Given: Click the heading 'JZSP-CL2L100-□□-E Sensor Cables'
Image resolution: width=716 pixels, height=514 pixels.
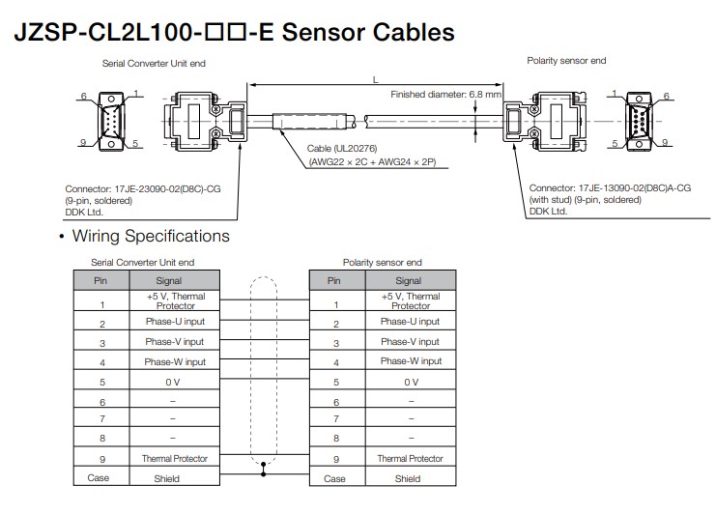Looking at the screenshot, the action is [x=234, y=32].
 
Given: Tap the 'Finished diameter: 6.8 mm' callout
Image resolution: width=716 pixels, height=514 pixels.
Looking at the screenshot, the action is [x=445, y=95].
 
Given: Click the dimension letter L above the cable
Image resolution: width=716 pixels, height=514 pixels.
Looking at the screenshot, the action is [x=375, y=80].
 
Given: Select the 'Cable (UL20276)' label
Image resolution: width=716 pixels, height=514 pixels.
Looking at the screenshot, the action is [x=342, y=149].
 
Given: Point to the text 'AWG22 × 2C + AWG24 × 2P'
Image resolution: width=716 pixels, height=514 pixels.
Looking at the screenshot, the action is [x=373, y=162].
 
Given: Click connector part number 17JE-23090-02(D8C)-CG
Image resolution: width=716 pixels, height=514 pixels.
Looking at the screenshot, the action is [x=167, y=189].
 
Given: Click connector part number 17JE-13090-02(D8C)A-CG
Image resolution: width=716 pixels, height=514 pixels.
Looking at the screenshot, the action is [x=634, y=188].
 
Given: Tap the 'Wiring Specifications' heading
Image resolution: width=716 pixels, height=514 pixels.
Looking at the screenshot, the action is [x=151, y=236].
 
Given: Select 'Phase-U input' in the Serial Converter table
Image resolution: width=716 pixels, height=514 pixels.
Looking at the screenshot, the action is [x=175, y=322].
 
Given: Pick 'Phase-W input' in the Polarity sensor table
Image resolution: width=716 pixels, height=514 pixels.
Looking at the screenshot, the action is [x=411, y=361].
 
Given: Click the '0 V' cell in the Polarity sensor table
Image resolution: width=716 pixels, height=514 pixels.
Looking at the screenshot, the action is [x=411, y=382].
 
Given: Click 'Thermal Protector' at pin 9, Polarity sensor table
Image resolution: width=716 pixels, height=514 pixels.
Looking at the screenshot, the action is [x=410, y=458].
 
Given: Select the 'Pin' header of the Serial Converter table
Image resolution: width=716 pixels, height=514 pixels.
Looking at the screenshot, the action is [x=101, y=281].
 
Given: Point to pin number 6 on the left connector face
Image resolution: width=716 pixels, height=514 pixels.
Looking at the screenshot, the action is [x=83, y=96].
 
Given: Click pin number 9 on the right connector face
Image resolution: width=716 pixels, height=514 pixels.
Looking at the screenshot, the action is [x=665, y=142].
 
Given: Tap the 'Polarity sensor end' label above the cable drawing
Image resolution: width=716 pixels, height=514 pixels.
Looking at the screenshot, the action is [x=566, y=61].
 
